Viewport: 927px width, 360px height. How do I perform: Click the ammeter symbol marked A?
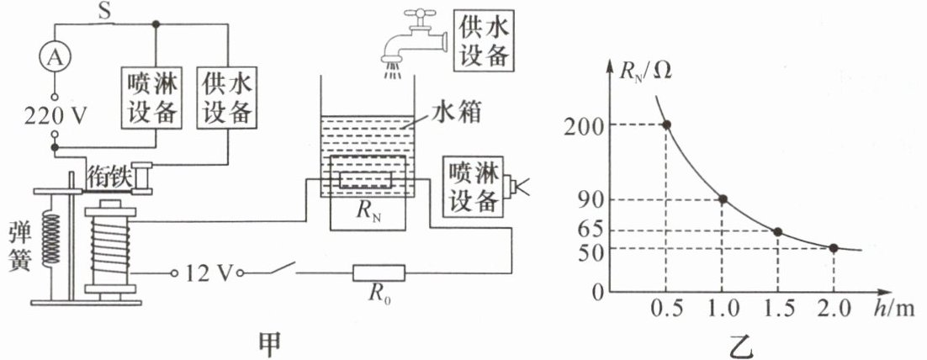[x=55, y=57]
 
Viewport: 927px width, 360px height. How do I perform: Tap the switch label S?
[x=104, y=13]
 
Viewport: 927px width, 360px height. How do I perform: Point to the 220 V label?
[x=56, y=116]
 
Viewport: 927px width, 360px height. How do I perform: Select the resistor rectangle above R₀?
[x=379, y=273]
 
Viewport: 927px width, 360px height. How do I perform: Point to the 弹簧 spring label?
[x=19, y=246]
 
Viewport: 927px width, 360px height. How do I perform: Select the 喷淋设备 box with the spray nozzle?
[x=479, y=186]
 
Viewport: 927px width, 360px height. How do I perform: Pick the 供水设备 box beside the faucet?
[x=482, y=40]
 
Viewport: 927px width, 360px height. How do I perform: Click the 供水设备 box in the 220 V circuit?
[x=228, y=98]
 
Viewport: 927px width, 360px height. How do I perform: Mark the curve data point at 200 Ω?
[x=666, y=124]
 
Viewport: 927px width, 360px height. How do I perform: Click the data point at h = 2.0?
[x=833, y=248]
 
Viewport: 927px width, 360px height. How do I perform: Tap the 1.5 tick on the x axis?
[x=778, y=310]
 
